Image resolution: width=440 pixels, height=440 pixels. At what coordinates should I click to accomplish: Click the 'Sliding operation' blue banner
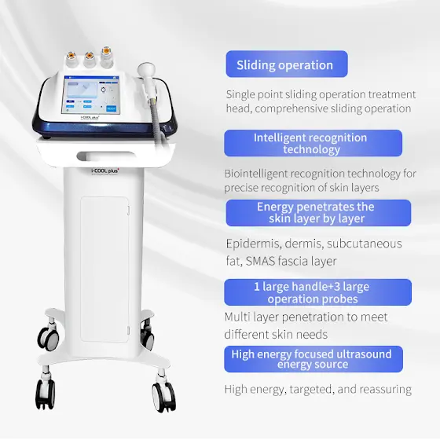click(x=287, y=64)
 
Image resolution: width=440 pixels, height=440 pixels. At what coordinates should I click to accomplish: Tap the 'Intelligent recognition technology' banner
click(x=313, y=143)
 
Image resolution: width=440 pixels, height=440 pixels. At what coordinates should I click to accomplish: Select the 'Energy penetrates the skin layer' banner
click(x=318, y=213)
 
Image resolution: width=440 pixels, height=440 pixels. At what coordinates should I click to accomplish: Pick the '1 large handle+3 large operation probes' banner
click(x=317, y=292)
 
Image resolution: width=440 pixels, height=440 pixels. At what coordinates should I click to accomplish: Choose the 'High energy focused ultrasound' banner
click(x=313, y=359)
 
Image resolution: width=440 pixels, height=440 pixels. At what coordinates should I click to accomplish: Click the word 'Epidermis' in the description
click(x=253, y=244)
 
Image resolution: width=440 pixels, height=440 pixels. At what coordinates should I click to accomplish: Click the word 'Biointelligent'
click(x=256, y=174)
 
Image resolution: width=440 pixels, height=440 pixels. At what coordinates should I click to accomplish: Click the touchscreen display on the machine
click(x=91, y=95)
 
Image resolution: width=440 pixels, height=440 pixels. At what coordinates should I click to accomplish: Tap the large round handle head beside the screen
click(x=146, y=70)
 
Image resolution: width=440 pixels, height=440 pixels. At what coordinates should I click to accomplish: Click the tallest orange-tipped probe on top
click(x=106, y=57)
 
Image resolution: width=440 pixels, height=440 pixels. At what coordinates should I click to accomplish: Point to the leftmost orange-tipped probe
click(x=71, y=59)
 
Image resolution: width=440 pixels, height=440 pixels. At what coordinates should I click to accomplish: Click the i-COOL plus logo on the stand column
click(x=105, y=171)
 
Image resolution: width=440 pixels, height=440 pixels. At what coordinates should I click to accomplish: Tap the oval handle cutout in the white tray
click(x=106, y=156)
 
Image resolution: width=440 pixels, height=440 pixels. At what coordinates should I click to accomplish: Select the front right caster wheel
click(x=164, y=394)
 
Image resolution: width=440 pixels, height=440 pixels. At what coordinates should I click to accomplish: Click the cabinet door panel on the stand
click(x=105, y=269)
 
